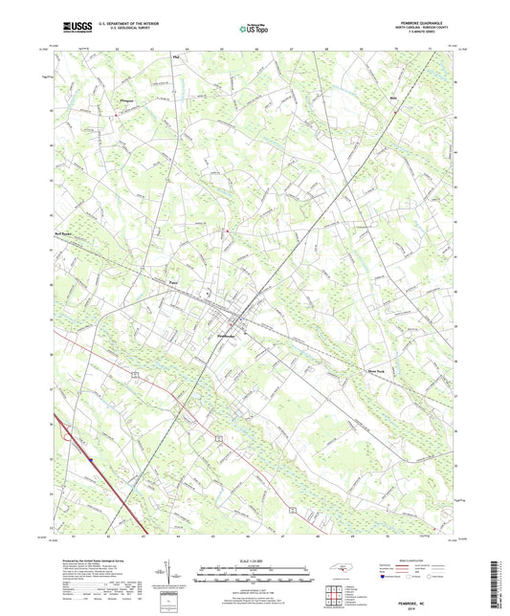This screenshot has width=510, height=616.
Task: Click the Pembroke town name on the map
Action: [224, 336]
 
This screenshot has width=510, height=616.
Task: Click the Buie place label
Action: [391, 97]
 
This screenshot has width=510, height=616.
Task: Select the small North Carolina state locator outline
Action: [338, 570]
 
